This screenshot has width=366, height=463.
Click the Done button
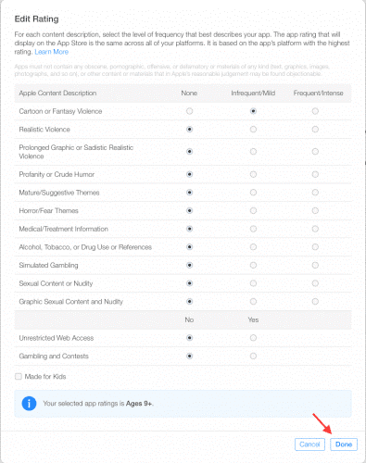point(344,444)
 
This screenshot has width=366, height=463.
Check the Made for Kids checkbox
point(19,376)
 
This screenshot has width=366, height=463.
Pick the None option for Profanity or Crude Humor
point(190,173)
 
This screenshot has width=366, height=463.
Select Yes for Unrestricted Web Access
point(253,338)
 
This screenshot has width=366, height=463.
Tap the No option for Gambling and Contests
point(190,355)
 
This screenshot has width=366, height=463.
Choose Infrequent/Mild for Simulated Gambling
point(253,265)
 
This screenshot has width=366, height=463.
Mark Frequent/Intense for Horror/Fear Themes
point(315,210)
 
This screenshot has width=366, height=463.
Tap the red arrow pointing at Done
point(322,424)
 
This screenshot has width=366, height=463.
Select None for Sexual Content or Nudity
point(190,282)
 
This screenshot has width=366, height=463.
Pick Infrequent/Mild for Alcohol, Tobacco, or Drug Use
point(253,246)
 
